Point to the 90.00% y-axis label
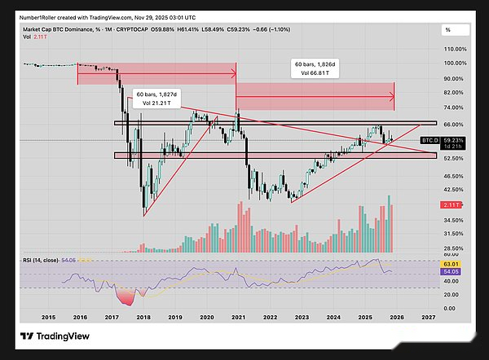point(454,78)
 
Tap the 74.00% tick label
point(454,108)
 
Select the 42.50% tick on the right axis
point(454,189)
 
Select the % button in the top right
point(448,30)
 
